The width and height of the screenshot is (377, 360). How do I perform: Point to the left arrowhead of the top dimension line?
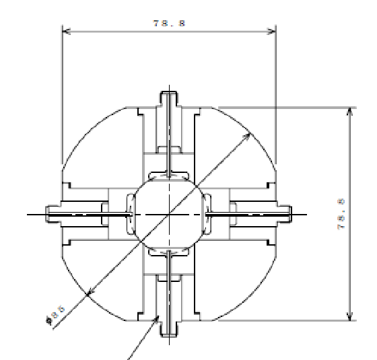(x=65, y=30)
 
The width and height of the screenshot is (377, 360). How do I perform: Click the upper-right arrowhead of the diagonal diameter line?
(x=249, y=136)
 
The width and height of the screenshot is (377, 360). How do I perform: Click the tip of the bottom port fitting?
(x=168, y=334)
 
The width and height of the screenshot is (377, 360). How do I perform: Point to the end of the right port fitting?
(x=290, y=214)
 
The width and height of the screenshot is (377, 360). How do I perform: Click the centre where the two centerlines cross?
(x=168, y=214)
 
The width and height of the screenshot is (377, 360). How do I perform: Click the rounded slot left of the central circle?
(x=129, y=214)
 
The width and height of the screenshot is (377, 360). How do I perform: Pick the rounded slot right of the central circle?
(x=207, y=214)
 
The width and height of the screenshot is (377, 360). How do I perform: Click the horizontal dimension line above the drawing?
(x=121, y=30)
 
